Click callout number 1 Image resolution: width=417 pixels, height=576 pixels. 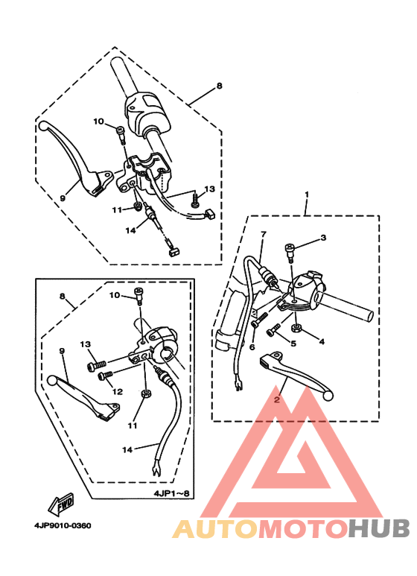308,194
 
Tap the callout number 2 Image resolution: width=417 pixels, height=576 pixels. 277,399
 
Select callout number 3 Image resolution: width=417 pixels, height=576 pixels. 323,238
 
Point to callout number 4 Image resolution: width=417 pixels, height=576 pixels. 322,341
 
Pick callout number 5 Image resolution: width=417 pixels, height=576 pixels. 293,344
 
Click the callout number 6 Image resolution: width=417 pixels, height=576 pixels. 252,346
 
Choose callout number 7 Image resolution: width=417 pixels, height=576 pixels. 264,234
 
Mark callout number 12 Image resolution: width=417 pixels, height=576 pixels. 118,392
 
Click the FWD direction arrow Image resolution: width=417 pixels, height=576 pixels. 60,504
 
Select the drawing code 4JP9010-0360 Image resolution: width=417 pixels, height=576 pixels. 63,525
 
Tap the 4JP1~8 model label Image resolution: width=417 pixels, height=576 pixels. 171,493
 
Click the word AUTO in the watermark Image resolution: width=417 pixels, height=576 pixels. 215,529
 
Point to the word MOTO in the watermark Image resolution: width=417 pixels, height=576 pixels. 303,529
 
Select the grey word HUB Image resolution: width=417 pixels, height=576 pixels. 379,529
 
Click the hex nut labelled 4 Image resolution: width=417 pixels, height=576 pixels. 296,327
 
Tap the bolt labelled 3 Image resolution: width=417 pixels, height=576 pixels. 289,253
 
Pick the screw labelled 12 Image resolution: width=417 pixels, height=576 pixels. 104,375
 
